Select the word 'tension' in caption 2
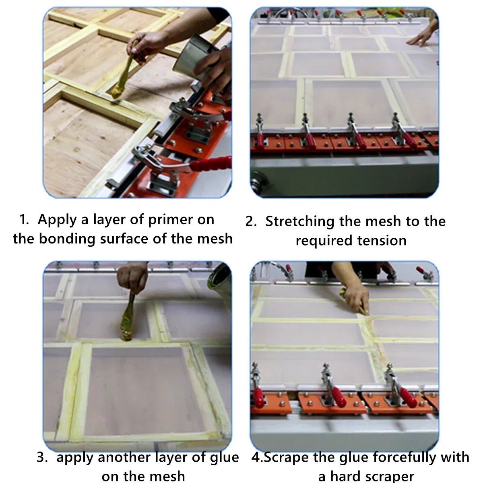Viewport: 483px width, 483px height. (x=382, y=241)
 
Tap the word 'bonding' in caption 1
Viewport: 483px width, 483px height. (x=67, y=239)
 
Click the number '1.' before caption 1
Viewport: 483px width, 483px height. (x=24, y=220)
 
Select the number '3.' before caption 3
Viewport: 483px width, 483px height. (x=42, y=457)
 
